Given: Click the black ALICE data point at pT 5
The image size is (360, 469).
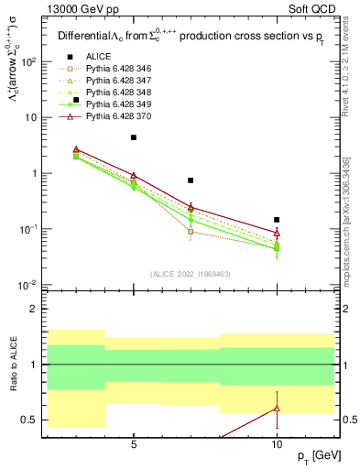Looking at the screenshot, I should tap(134, 137).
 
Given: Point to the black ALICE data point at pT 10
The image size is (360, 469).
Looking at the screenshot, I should tap(277, 220).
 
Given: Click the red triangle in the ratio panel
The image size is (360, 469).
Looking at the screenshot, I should tap(277, 408).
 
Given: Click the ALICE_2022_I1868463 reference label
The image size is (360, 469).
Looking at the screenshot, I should tap(190, 274).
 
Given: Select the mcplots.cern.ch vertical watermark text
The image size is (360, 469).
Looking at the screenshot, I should tap(345, 220).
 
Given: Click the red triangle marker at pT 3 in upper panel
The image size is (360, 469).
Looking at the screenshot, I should tap(76, 149).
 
